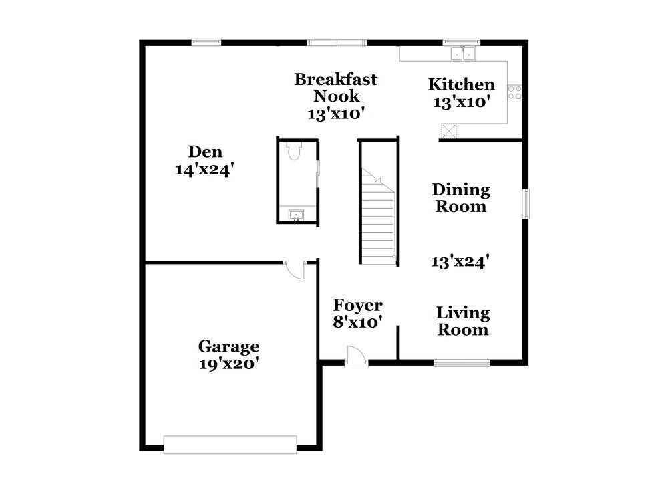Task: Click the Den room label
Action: coord(204,152)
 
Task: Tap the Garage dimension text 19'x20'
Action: coord(228,364)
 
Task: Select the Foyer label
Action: coord(358,306)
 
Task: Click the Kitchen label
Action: coord(461,84)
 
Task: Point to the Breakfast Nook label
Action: coord(336,88)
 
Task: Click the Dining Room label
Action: coord(461,198)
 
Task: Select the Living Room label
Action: coord(463,321)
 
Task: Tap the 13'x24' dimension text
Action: coord(461,261)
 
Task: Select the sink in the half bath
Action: coord(295,215)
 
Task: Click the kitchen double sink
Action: coord(462,53)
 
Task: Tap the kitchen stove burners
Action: coord(514,92)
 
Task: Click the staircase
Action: coord(379,214)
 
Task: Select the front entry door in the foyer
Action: coord(356,357)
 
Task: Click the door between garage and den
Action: coord(294,269)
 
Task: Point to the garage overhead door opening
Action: coord(230,444)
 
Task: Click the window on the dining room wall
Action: coord(526,203)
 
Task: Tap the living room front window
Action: coord(462,363)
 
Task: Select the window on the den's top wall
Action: coord(206,43)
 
